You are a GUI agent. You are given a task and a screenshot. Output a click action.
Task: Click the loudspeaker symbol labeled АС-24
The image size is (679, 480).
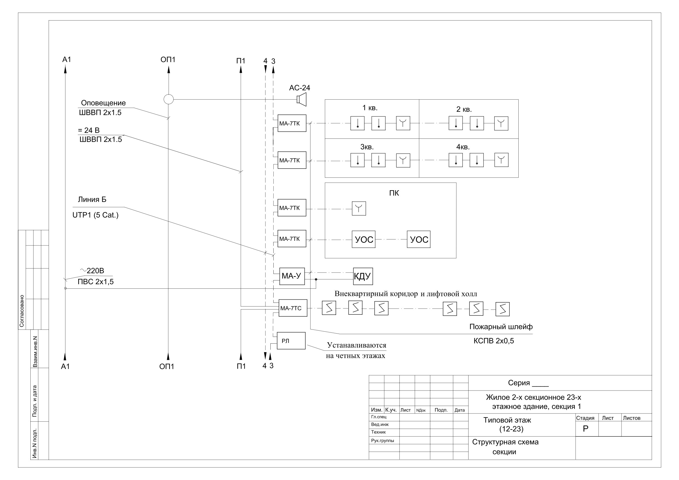click(302, 100)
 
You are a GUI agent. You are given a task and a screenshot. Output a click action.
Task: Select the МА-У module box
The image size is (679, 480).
click(292, 276)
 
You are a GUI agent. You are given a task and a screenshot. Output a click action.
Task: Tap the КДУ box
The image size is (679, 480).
click(363, 276)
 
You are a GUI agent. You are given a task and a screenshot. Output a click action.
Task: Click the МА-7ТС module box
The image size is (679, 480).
click(293, 308)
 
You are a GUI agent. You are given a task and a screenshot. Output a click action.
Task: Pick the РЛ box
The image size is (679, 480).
click(291, 341)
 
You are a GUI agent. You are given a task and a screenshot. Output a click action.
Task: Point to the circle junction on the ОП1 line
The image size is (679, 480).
click(169, 99)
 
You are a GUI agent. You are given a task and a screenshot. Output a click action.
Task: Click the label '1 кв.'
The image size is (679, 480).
click(370, 108)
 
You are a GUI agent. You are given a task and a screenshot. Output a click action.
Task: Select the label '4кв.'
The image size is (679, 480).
click(463, 147)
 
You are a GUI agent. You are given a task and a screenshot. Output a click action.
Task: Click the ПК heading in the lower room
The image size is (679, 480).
click(394, 193)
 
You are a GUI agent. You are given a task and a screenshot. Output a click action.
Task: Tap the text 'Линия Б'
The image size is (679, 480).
click(92, 199)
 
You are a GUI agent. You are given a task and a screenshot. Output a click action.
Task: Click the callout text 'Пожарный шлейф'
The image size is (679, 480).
click(501, 327)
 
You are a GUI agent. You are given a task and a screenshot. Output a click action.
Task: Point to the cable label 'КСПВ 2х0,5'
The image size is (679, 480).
click(493, 341)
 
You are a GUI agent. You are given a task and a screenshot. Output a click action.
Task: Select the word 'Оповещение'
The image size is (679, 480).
click(103, 103)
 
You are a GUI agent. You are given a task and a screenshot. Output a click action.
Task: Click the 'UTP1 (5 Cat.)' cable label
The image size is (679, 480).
click(95, 215)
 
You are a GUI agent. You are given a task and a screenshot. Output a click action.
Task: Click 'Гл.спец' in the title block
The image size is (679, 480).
click(378, 417)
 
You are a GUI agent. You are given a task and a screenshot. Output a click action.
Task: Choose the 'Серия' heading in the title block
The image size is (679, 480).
click(519, 383)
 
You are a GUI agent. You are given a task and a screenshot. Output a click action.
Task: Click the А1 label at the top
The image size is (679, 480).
click(67, 59)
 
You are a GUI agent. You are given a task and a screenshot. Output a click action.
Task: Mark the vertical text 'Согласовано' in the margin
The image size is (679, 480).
click(22, 311)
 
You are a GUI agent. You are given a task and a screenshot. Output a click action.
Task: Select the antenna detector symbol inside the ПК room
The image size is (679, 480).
click(359, 209)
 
